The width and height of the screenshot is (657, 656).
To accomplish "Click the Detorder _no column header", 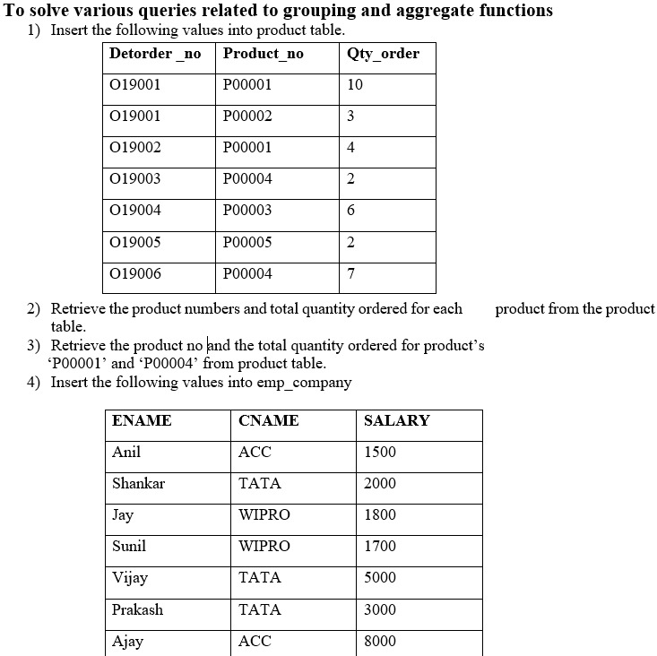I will [155, 54].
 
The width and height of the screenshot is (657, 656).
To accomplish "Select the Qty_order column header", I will [383, 54].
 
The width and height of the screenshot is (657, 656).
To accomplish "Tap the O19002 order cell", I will [134, 147].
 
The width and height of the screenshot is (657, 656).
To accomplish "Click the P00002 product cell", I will [247, 116].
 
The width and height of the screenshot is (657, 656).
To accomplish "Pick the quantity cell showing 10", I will [355, 84].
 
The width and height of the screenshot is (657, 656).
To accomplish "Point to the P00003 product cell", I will [247, 210].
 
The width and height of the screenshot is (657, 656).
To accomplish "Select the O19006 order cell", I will [134, 273].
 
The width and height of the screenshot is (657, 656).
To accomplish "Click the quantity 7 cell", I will [350, 273].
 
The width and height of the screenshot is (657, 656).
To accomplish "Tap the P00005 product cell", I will [247, 242].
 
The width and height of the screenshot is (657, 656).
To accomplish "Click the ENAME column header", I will [142, 420].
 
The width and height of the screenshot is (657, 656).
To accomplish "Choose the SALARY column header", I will [396, 420].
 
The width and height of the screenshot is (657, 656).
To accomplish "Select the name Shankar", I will [138, 483].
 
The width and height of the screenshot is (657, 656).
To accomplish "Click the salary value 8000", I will [380, 641].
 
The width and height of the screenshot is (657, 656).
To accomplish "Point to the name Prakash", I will [137, 609].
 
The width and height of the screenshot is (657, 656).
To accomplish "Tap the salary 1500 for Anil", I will [380, 452].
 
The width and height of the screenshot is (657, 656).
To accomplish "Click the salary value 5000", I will [380, 577].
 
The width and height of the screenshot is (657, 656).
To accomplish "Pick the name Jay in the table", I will [122, 514].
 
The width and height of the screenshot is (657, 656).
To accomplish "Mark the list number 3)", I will [34, 346].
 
